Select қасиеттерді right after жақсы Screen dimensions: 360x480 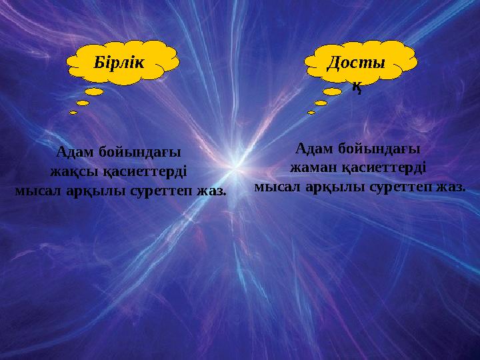[145, 171]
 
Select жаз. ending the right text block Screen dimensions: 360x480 [450, 186]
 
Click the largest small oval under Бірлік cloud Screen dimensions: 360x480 [95, 91]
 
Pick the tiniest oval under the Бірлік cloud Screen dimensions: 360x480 [73, 112]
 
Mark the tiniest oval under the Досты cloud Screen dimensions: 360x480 [311, 112]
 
